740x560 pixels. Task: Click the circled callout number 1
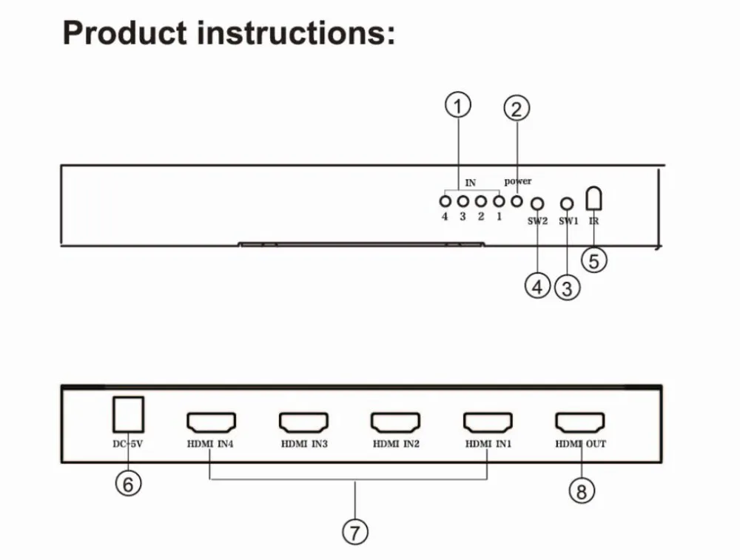tap(458, 105)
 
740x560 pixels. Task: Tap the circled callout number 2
tap(517, 108)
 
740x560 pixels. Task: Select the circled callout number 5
tap(593, 260)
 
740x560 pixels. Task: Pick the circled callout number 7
tap(355, 532)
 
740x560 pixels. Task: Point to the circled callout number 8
tap(582, 490)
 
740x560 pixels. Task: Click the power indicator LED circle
tap(517, 201)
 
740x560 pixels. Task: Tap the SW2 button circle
tap(537, 203)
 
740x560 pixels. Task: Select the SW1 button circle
tap(567, 203)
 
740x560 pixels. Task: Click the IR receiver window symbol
tap(593, 198)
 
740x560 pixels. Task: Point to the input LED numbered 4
tap(445, 201)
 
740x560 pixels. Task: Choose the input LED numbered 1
tap(499, 201)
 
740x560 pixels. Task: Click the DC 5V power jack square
tap(128, 414)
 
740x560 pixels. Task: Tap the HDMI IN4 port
tap(211, 422)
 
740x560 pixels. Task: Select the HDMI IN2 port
tap(395, 422)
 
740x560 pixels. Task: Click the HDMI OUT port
tap(580, 422)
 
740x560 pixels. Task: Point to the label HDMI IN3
tap(304, 444)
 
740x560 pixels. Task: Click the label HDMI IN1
tap(488, 444)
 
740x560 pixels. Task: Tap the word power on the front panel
tap(518, 182)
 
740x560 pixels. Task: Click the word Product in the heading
tap(124, 33)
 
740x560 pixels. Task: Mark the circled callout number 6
tap(128, 484)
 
